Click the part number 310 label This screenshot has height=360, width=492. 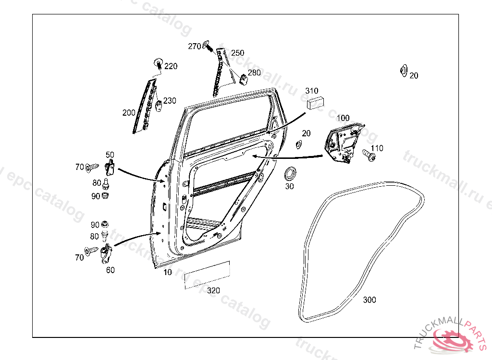click(x=312, y=91)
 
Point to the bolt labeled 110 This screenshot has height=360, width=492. click(x=368, y=155)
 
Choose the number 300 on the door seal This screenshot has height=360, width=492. click(x=369, y=300)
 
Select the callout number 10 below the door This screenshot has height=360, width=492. click(x=167, y=272)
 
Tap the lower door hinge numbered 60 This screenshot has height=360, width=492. click(x=106, y=254)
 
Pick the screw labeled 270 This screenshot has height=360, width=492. click(x=209, y=46)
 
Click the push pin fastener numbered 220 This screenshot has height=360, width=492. click(x=158, y=62)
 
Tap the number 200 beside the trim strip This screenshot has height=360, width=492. click(x=129, y=113)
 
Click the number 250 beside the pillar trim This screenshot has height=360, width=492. click(x=238, y=53)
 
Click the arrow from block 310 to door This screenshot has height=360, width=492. click(x=286, y=122)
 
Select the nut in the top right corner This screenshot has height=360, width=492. click(x=403, y=71)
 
